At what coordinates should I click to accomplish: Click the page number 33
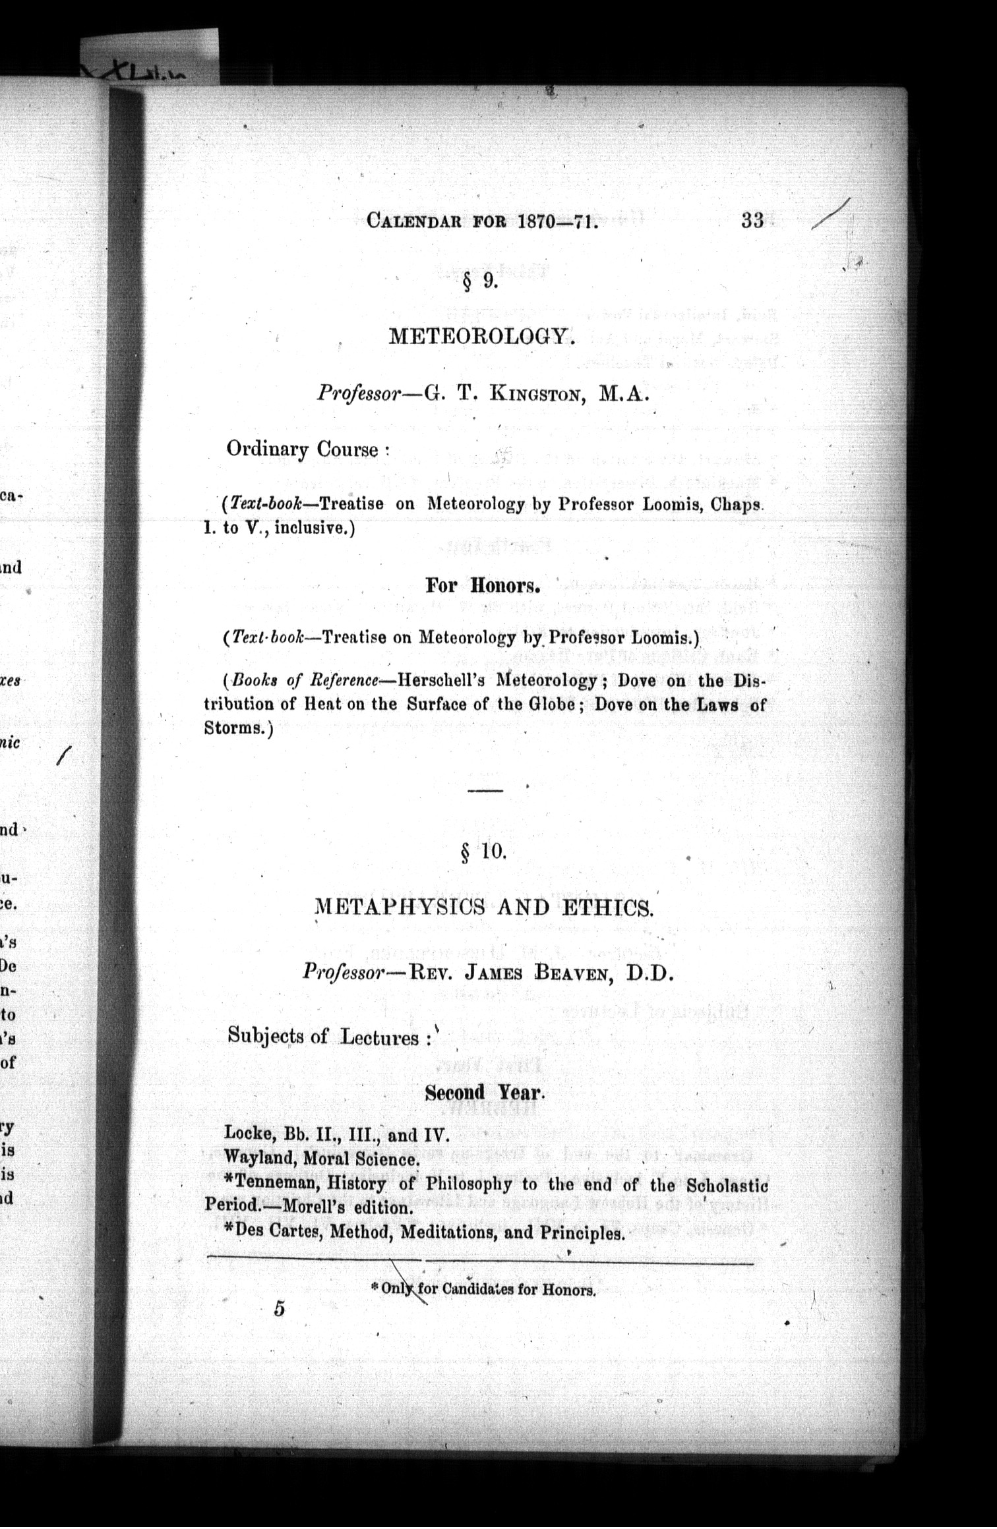752,220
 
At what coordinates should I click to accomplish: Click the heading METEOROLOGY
481,337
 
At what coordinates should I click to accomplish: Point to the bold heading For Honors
483,585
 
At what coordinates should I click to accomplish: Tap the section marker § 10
483,852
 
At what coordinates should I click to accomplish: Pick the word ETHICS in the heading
607,908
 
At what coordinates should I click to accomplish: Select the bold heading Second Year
485,1092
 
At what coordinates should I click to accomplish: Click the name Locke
249,1134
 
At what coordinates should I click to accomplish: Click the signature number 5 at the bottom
279,1309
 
